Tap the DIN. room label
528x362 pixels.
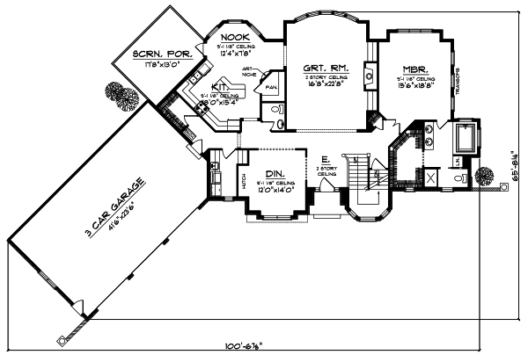tap(275, 173)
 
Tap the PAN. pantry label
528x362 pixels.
tap(271, 89)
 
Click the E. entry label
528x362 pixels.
tap(326, 162)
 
